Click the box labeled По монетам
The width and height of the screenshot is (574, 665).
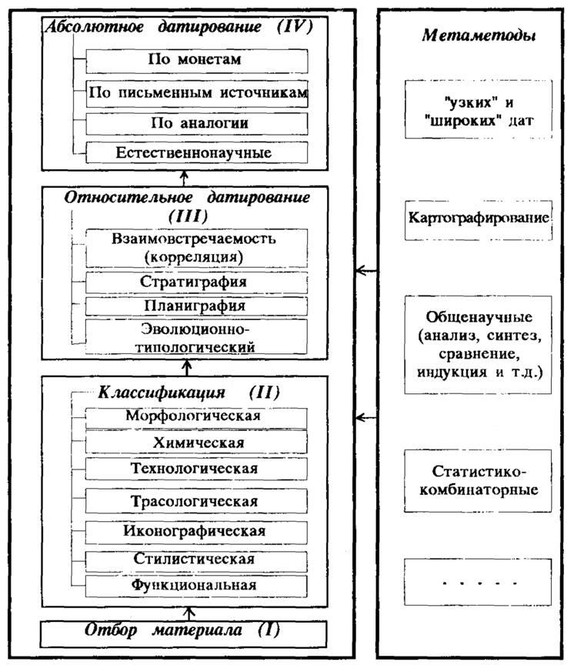pos(197,61)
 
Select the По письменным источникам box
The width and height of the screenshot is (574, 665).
pos(197,93)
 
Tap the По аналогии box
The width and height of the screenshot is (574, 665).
pos(197,124)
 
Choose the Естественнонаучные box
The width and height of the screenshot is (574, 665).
pos(197,152)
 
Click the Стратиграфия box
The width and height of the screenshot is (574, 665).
pos(197,282)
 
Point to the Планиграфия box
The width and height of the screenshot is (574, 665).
pos(197,306)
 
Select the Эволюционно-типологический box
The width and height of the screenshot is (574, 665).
pos(197,337)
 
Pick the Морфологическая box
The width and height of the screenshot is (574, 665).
pos(197,418)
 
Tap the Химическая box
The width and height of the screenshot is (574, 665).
pos(197,443)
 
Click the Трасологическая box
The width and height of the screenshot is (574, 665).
pos(197,501)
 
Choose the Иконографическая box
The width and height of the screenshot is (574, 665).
pos(197,533)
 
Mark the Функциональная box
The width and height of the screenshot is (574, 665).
pos(197,586)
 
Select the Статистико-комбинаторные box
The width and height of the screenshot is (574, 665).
pos(478,480)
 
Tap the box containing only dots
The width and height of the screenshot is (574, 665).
pos(478,582)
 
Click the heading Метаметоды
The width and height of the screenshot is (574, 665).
pos(479,35)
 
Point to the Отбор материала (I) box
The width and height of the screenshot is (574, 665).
pos(184,634)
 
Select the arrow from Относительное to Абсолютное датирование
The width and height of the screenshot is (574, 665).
pos(184,178)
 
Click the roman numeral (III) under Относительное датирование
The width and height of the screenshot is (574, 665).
pos(189,216)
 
